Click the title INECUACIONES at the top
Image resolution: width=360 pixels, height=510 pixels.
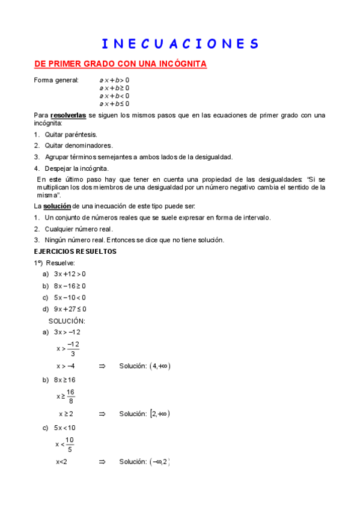(x=180, y=44)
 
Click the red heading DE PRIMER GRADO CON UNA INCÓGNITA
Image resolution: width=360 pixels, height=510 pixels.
(x=120, y=64)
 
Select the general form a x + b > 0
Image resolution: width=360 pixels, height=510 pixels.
(x=114, y=80)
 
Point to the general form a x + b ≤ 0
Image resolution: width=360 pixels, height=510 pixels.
(x=114, y=103)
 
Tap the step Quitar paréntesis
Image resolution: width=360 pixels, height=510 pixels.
(x=71, y=135)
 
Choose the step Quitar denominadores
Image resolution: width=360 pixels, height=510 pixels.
(x=79, y=146)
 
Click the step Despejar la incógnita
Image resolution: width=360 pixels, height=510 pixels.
(x=77, y=168)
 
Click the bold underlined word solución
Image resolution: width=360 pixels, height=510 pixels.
(x=57, y=206)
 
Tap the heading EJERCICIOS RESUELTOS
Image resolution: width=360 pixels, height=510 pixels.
(x=75, y=251)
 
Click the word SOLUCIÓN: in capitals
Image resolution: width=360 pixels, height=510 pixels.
(x=67, y=321)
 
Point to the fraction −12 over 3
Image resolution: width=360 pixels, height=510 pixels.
(x=73, y=349)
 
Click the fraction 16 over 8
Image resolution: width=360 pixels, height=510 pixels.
(x=71, y=397)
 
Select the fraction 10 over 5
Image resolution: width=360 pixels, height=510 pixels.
(x=70, y=444)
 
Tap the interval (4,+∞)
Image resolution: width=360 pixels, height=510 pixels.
(x=160, y=366)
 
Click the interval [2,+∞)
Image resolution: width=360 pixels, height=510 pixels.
(x=160, y=414)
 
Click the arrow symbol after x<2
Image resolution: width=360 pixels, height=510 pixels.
(x=102, y=462)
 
